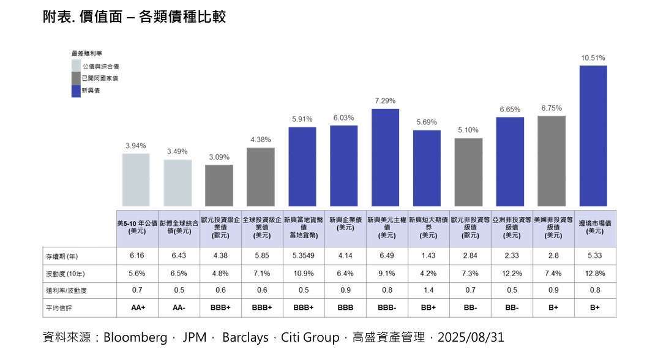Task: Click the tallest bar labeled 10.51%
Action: click(x=593, y=135)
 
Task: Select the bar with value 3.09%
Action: click(x=219, y=185)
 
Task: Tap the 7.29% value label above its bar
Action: click(x=385, y=100)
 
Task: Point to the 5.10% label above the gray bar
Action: click(x=468, y=130)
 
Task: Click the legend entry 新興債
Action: click(x=91, y=91)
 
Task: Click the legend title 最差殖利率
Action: click(x=87, y=54)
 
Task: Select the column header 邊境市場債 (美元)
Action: click(x=594, y=227)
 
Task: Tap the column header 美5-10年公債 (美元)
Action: click(x=137, y=227)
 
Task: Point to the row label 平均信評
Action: click(x=56, y=308)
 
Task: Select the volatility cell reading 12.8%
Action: click(x=594, y=273)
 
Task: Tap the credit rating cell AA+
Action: click(x=138, y=308)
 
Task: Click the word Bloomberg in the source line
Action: click(x=135, y=337)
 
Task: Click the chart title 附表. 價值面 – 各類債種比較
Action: click(x=134, y=17)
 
